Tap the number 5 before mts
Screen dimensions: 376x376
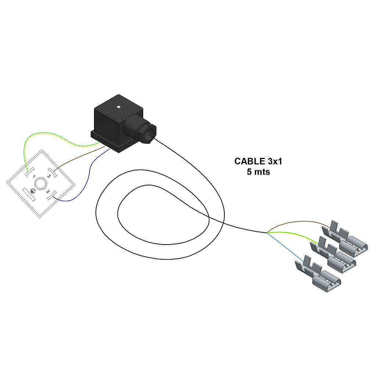tap(249, 172)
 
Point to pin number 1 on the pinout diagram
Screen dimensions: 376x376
tap(34, 177)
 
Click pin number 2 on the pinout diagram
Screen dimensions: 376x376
tap(48, 191)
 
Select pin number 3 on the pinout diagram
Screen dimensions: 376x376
tap(48, 176)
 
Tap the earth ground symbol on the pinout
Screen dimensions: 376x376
tap(33, 191)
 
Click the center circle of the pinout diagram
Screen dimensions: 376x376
tap(41, 184)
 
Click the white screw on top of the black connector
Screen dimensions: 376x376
tap(118, 107)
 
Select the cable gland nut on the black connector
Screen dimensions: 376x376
tap(149, 134)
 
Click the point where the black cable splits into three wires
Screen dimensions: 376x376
tap(267, 232)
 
